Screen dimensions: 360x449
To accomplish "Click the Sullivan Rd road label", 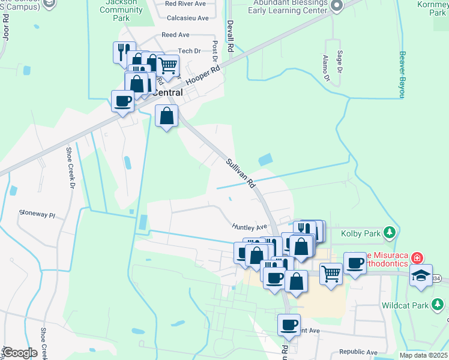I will [241, 171].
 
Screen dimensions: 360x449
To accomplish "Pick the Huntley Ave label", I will [249, 227].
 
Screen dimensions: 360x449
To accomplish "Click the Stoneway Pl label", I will [37, 213].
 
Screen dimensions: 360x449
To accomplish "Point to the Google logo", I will [19, 353].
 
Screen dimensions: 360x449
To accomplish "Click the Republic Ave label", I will [358, 352].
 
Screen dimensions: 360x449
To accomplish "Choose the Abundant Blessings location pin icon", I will [337, 6].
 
